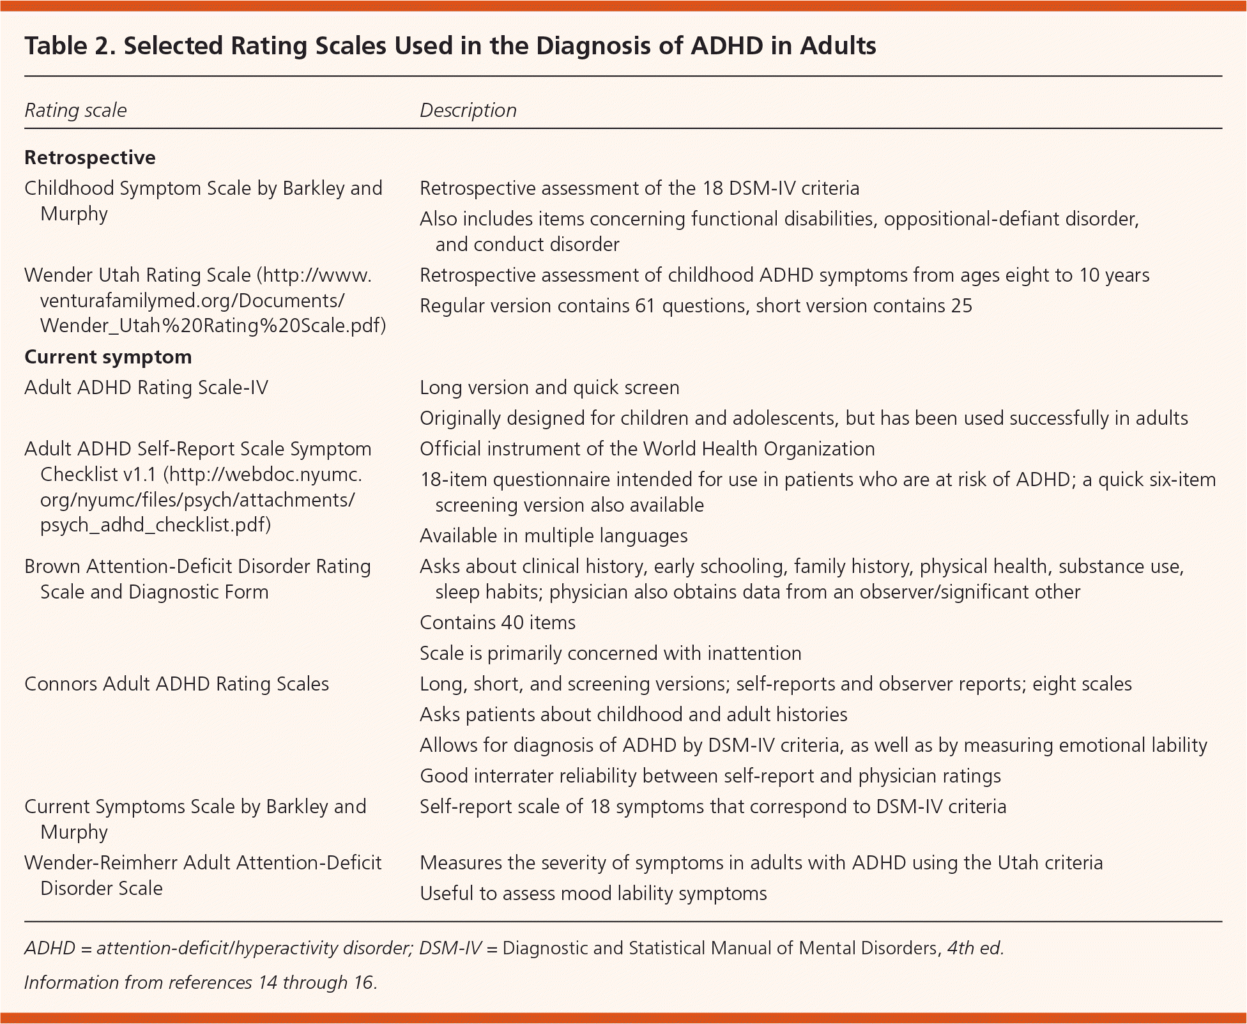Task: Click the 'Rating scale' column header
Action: (x=75, y=111)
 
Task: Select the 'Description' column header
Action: (x=468, y=111)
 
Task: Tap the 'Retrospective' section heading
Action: (x=89, y=158)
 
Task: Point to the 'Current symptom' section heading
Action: (x=108, y=356)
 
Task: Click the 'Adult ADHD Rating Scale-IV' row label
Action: (x=146, y=388)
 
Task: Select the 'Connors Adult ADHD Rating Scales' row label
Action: (x=176, y=684)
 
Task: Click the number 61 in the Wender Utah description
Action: (x=645, y=306)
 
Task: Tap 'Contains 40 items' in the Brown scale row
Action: (x=497, y=623)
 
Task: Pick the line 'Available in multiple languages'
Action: (x=553, y=536)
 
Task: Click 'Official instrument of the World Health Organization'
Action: (x=647, y=449)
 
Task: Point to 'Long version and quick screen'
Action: (x=549, y=388)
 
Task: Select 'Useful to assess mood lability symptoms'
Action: (x=593, y=894)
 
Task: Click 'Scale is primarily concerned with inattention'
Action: (x=610, y=653)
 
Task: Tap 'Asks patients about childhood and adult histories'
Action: (x=633, y=715)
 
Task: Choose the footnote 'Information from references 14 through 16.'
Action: (x=201, y=982)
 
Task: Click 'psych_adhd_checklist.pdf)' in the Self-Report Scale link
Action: (x=155, y=525)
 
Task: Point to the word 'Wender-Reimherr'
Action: (x=100, y=863)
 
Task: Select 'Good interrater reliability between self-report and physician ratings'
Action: (x=710, y=776)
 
